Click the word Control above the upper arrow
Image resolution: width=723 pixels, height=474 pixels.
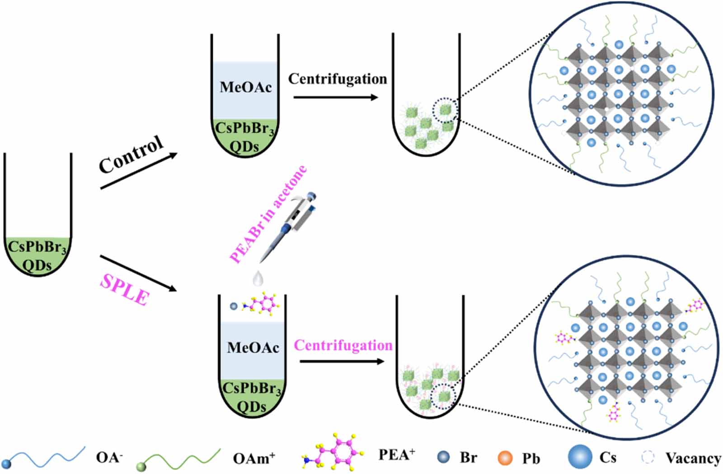coord(131,154)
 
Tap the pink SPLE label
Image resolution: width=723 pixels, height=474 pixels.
coord(124,289)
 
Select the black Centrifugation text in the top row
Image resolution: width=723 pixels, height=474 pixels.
coord(338,79)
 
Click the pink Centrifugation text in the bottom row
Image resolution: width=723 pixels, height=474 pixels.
coord(343,345)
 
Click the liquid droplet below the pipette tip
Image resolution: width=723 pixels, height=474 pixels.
coord(258,278)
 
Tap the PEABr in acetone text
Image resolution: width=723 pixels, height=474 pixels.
coord(268,215)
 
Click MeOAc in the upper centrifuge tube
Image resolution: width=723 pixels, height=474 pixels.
coord(245,87)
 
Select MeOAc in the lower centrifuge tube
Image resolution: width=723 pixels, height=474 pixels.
coord(253,347)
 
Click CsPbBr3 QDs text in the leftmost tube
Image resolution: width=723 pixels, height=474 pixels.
coord(38,256)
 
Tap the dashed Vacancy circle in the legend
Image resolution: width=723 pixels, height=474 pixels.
coord(648,457)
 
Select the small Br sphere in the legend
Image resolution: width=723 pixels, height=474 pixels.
coord(444,457)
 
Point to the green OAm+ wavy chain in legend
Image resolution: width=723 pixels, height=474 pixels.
coord(178,459)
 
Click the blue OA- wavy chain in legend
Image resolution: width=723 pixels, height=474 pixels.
coord(45,457)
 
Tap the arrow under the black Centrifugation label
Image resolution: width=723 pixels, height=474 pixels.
coord(335,97)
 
